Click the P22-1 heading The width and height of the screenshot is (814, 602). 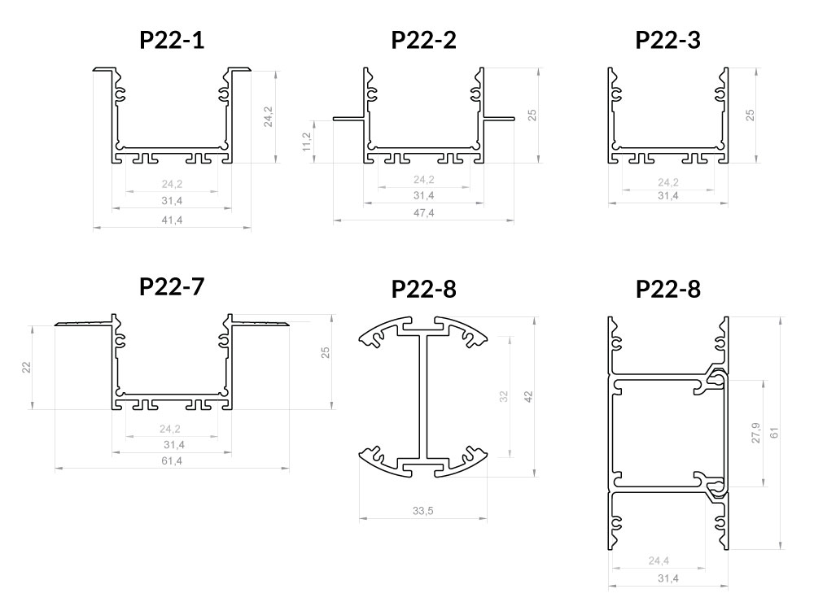172,40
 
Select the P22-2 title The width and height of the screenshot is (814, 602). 423,40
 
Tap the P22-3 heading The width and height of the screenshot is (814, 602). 668,40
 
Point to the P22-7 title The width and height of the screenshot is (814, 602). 172,286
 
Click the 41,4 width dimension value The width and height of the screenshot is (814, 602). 172,220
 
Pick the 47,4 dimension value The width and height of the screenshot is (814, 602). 423,213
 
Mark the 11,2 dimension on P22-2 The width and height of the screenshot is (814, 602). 306,142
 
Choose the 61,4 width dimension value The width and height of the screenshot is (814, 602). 172,460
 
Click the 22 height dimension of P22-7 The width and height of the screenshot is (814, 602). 27,368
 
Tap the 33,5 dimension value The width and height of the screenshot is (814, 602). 423,511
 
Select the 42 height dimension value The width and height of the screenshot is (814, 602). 528,397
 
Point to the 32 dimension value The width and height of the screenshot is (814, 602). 504,397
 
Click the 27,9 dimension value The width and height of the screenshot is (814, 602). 755,433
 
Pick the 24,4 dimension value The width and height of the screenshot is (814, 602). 659,561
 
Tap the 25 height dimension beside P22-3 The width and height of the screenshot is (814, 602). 751,116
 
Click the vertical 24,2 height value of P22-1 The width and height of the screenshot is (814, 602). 268,117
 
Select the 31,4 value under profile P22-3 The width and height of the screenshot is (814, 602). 668,195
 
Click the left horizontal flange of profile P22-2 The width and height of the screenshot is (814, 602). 349,118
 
